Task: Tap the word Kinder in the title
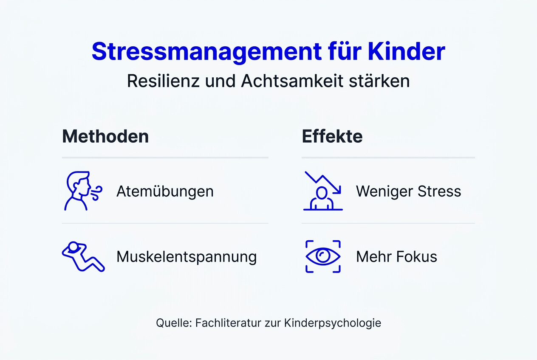[406, 51]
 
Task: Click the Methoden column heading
[105, 137]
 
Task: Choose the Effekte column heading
[332, 137]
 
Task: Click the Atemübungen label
[165, 191]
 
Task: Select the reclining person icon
[83, 256]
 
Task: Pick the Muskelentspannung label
[187, 257]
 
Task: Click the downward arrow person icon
[323, 191]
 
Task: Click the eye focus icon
[323, 256]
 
